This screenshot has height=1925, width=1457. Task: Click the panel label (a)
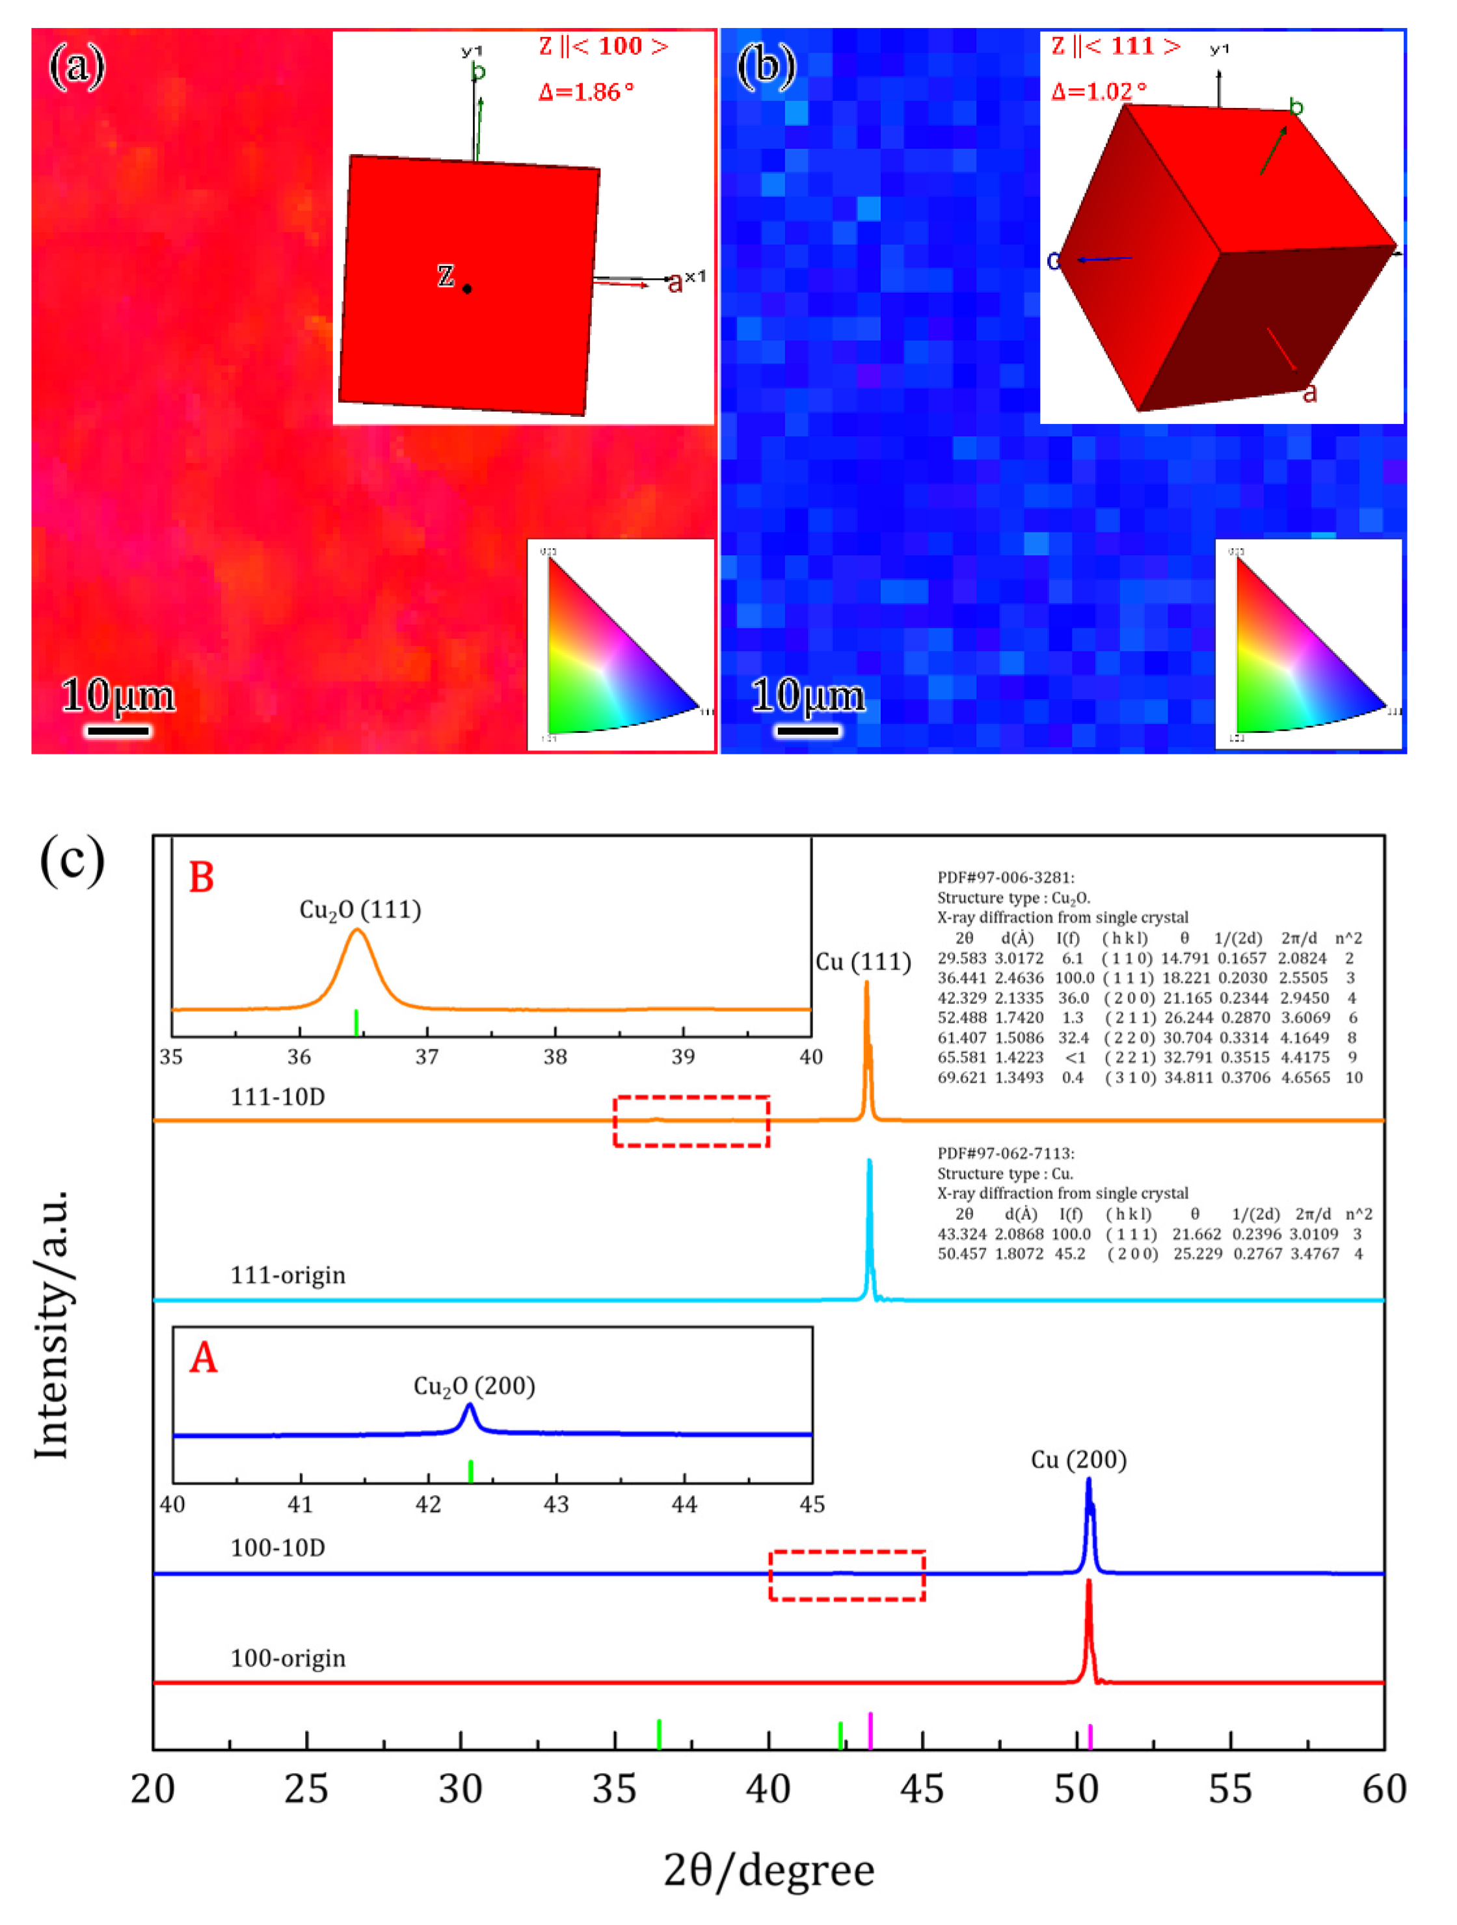[x=77, y=66]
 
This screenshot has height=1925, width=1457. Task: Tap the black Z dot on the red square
[x=468, y=289]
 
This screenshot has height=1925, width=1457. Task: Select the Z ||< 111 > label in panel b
[x=1116, y=46]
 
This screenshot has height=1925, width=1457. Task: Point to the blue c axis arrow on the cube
[x=1101, y=258]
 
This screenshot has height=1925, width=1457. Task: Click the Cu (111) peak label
[x=862, y=962]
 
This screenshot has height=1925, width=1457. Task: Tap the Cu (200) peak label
[x=1078, y=1459]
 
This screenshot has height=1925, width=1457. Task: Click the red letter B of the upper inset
[x=201, y=878]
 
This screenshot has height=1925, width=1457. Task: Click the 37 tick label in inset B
[x=427, y=1057]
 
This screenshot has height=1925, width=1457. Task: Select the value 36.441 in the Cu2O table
[x=962, y=978]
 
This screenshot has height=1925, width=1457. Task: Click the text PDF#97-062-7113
[x=1006, y=1154]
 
